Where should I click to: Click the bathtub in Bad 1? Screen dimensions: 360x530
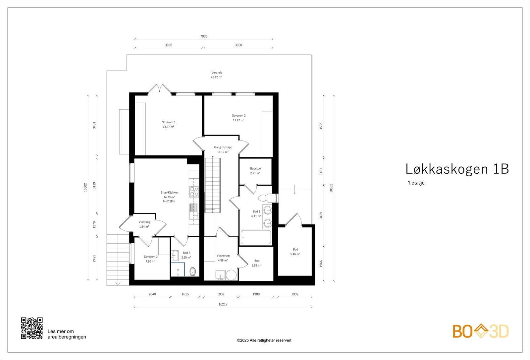256,237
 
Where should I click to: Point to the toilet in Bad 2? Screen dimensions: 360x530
193,271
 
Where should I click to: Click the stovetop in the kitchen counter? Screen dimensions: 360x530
194,191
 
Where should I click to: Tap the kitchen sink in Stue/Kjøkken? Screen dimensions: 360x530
193,211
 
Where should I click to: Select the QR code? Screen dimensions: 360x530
32,328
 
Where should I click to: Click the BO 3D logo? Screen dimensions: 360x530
481,331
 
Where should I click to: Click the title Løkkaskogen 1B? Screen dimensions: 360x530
457,169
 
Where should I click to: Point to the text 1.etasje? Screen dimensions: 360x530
416,183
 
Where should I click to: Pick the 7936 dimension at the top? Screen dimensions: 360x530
204,36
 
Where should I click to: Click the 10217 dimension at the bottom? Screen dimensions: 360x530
223,304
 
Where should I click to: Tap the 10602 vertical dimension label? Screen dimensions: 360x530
85,187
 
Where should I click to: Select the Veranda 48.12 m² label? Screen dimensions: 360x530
217,75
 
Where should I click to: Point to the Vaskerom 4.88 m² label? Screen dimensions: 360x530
223,258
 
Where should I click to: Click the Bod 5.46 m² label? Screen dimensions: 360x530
295,252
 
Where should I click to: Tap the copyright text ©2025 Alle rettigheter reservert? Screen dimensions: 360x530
264,340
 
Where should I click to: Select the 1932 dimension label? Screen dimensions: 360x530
294,294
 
